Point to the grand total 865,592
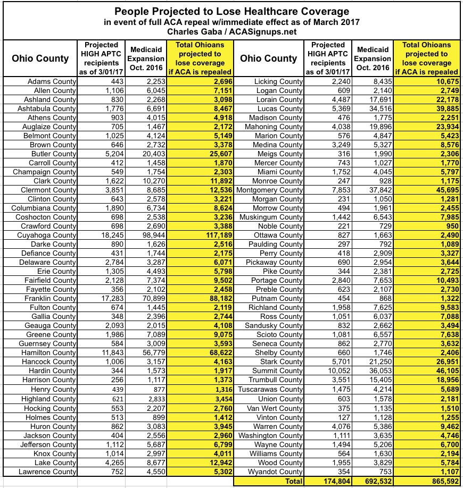[441, 481]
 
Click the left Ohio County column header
[40, 58]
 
